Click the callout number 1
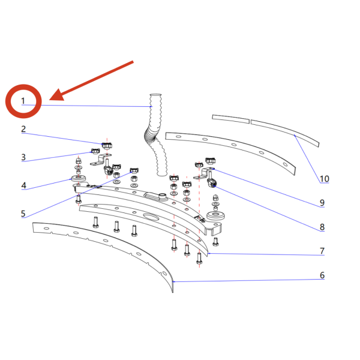(x=23, y=101)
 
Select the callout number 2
(x=23, y=129)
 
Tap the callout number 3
(x=23, y=157)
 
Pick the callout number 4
(x=23, y=185)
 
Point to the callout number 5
(x=23, y=214)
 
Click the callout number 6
(x=322, y=275)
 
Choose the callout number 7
(x=322, y=251)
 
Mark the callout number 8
(x=322, y=227)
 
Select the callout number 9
(x=322, y=203)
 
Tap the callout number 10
(x=325, y=179)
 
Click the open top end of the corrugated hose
(x=155, y=95)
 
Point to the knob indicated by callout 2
(x=107, y=146)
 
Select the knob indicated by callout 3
(x=95, y=151)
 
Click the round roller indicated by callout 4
(x=79, y=178)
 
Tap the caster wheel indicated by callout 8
(x=212, y=183)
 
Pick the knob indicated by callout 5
(x=134, y=170)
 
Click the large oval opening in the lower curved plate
(x=151, y=216)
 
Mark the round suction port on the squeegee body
(x=163, y=196)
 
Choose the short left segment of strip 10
(x=231, y=119)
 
